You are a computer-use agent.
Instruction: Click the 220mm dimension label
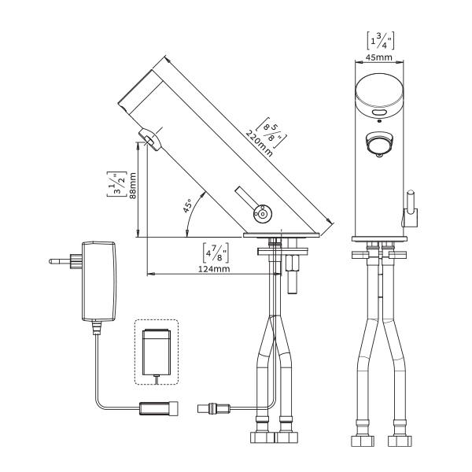click(x=259, y=144)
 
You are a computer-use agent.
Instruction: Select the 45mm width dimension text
click(x=379, y=57)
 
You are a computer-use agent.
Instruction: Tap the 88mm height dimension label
click(x=132, y=186)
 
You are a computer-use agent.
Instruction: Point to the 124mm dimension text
click(x=214, y=268)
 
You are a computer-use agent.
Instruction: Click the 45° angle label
click(x=187, y=206)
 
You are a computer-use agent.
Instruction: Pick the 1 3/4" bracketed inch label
click(x=381, y=40)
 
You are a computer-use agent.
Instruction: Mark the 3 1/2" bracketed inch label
click(x=116, y=184)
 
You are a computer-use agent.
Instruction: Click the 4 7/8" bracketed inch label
click(x=216, y=253)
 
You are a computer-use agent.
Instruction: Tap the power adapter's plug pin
click(x=60, y=261)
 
